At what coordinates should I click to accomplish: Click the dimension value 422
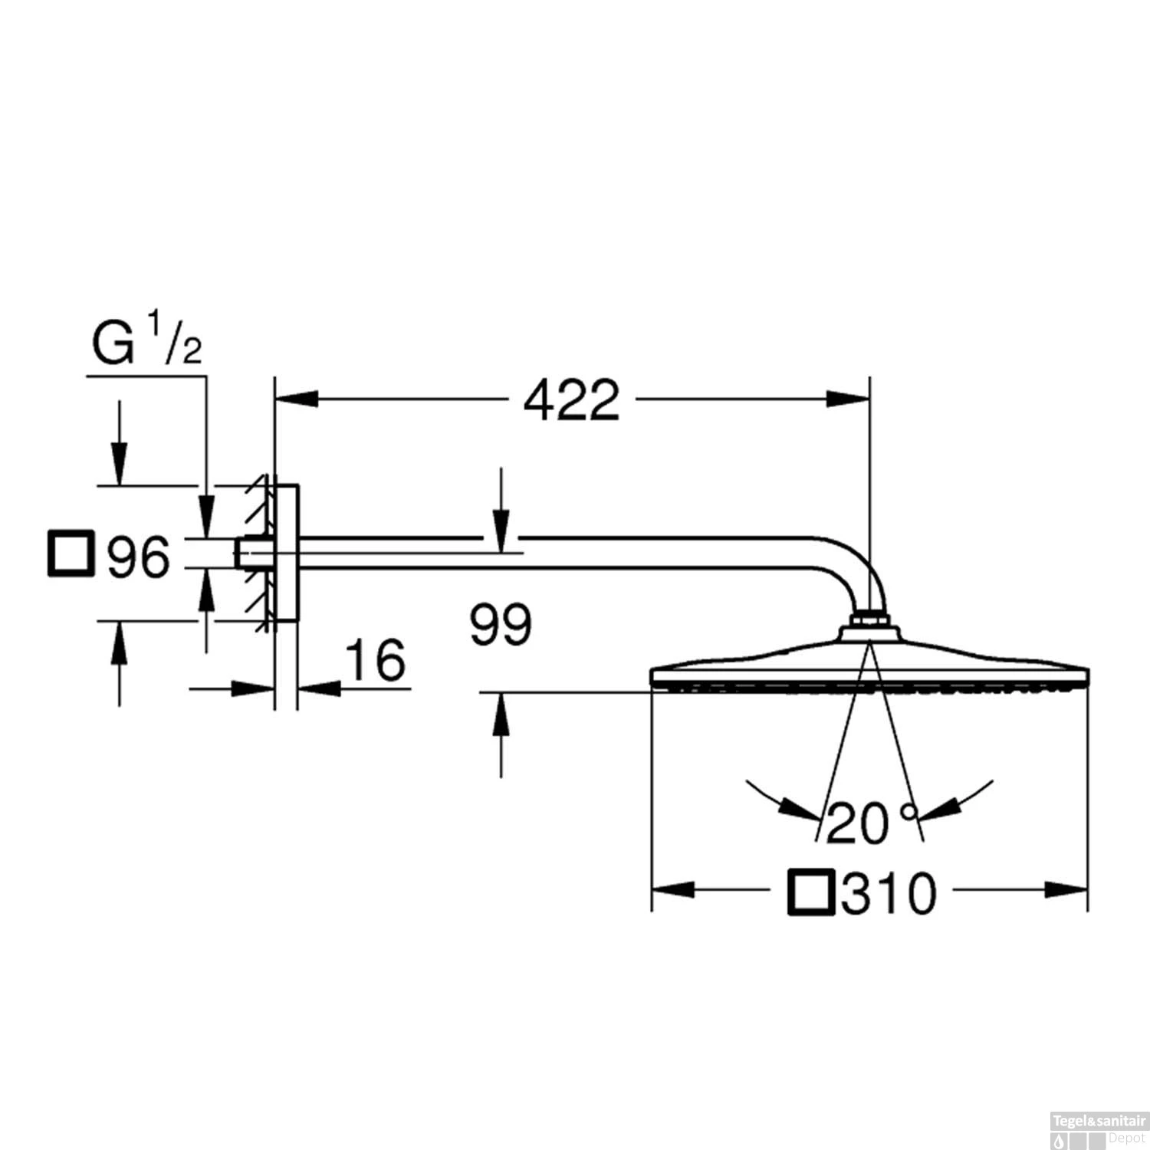tap(571, 399)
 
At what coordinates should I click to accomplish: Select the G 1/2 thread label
tap(146, 343)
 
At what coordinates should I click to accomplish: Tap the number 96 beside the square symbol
tap(138, 557)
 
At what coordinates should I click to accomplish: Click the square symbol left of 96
tap(71, 553)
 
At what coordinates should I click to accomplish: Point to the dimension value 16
tap(375, 660)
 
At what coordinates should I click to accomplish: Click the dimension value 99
tap(501, 624)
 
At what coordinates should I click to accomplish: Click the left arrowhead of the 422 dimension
tap(296, 399)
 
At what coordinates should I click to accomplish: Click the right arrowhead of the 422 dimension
tap(848, 399)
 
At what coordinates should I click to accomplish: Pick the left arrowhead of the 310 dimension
tap(673, 890)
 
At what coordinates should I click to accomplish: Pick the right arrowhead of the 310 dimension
tap(1066, 890)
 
